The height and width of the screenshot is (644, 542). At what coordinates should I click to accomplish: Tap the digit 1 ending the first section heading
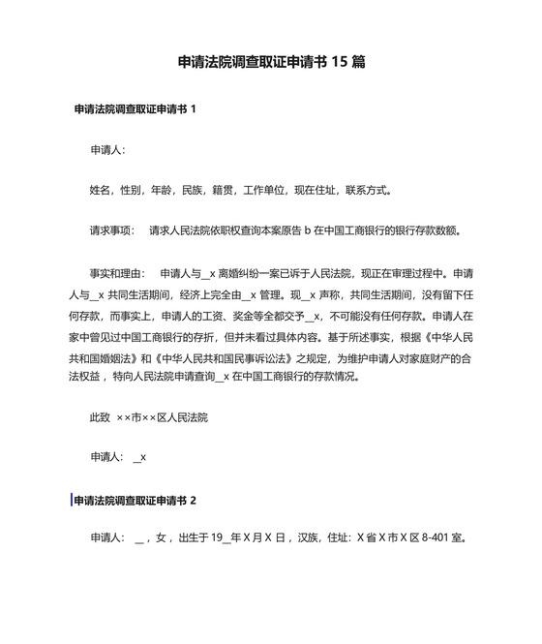[x=194, y=109]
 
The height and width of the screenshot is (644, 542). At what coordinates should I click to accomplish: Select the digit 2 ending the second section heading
[x=194, y=501]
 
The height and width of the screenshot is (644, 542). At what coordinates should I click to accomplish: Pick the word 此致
[x=100, y=418]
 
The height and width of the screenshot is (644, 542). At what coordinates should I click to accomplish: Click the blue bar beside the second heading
[x=72, y=501]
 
